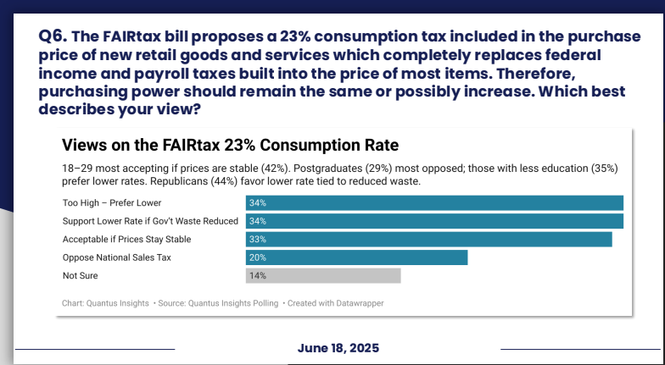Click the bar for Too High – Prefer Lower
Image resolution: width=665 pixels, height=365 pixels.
tap(434, 203)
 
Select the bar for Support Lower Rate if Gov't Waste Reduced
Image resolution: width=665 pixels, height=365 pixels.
tap(434, 221)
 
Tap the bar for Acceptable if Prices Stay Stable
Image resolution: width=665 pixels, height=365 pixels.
tap(428, 240)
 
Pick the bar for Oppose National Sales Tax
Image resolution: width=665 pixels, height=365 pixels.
tap(356, 257)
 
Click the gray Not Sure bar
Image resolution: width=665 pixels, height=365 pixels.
tap(322, 276)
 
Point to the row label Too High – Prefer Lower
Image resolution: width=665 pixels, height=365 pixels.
tap(111, 203)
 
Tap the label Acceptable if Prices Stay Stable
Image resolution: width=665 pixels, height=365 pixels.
tap(126, 240)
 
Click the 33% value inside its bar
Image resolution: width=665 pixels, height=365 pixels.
tap(258, 240)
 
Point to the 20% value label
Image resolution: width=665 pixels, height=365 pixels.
tap(258, 257)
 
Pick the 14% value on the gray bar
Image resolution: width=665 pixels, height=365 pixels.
tap(258, 276)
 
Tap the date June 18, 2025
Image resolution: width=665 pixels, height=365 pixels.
tap(338, 348)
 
